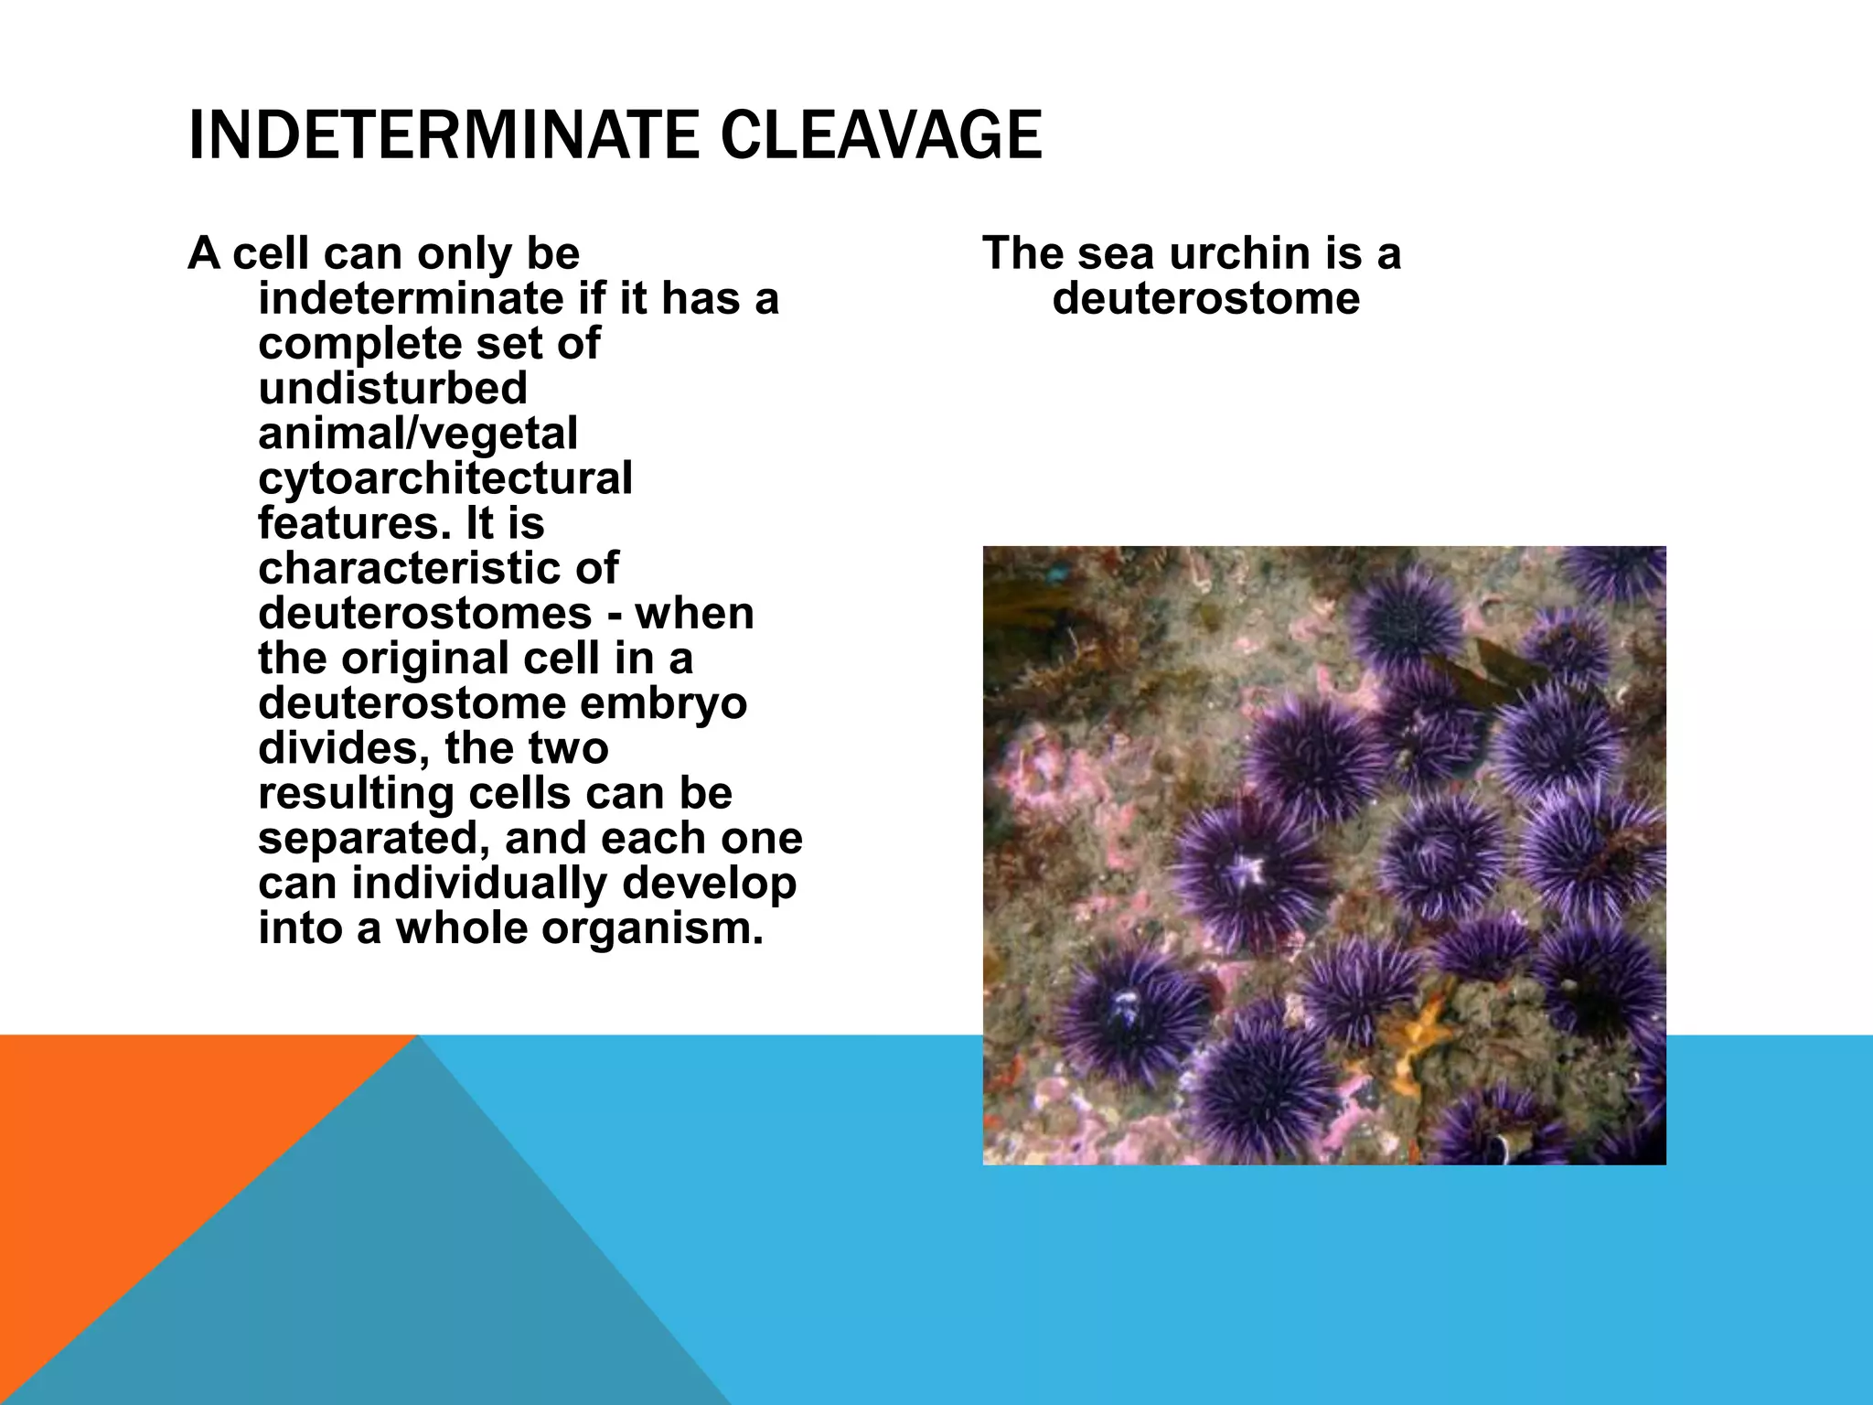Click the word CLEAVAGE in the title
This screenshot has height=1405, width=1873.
(881, 135)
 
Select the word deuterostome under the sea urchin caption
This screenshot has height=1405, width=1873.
(1205, 299)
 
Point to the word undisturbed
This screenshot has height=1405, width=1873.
(392, 389)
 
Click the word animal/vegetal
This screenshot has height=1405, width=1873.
(417, 434)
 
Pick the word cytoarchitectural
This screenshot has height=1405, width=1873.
(444, 478)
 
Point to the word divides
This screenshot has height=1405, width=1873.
(343, 748)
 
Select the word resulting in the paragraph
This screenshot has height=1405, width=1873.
(356, 793)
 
